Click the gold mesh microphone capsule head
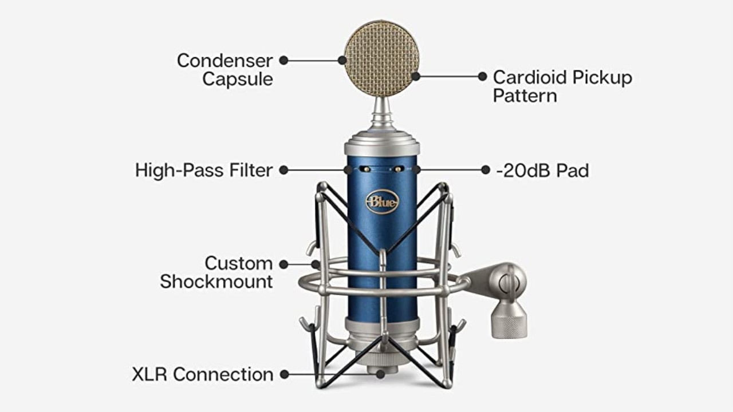click(381, 58)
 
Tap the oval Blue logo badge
click(382, 202)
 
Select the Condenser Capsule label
click(224, 69)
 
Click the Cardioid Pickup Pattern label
click(562, 86)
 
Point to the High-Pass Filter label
click(204, 170)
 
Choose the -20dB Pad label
click(542, 170)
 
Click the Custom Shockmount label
click(216, 272)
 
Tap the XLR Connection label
click(203, 374)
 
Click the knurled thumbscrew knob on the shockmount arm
click(509, 324)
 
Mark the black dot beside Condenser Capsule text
click(283, 60)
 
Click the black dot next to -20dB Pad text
click(486, 170)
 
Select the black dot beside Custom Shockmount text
click(283, 264)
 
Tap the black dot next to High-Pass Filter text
click(283, 170)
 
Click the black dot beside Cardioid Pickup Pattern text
click(483, 76)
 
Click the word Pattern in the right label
click(525, 95)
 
